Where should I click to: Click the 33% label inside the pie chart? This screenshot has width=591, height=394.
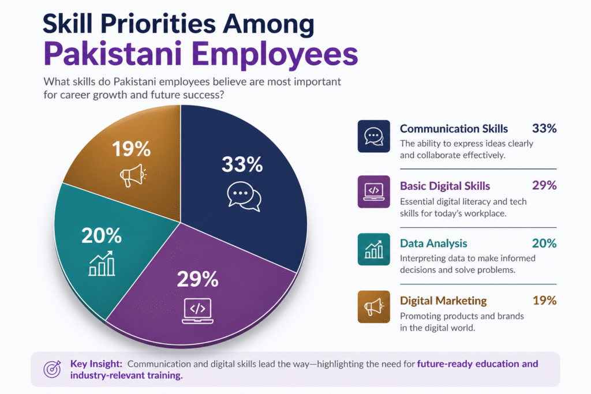(242, 164)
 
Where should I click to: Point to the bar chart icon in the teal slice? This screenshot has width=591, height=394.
(102, 264)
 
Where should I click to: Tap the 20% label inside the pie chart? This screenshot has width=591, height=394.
(102, 235)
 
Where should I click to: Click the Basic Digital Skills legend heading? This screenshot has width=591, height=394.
(445, 186)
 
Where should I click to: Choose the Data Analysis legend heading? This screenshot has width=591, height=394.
(433, 243)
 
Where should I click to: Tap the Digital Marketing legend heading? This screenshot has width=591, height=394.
(443, 301)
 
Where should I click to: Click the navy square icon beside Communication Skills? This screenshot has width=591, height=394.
(373, 136)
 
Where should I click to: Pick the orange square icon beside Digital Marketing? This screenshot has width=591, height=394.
(373, 307)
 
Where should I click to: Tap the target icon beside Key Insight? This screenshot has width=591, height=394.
(53, 369)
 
